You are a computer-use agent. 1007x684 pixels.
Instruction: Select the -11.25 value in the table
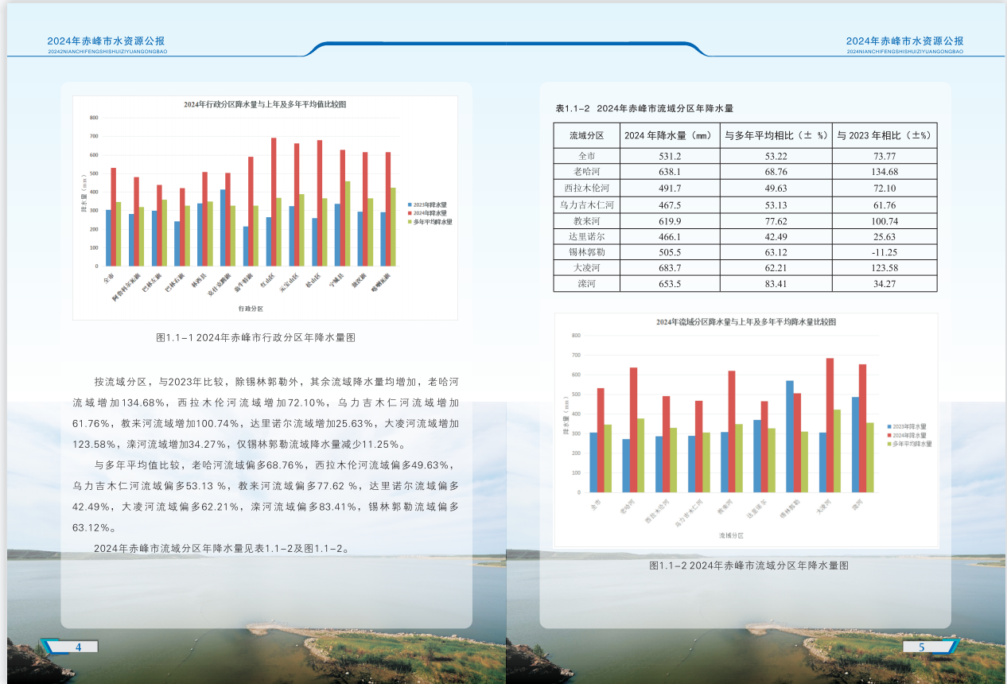pos(885,251)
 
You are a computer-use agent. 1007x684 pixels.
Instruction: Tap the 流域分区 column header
pos(587,135)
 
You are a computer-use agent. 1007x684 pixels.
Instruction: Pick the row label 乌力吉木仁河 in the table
pos(587,204)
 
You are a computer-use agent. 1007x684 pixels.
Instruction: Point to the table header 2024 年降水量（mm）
pos(669,135)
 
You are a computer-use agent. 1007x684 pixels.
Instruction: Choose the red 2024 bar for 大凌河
pos(830,426)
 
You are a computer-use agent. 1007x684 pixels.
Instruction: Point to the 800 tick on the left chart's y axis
pos(94,118)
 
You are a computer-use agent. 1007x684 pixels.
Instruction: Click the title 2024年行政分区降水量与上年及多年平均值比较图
pos(265,105)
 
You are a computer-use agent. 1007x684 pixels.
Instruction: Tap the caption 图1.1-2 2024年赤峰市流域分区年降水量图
pos(749,565)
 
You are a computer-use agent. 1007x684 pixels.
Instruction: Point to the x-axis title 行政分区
pos(251,308)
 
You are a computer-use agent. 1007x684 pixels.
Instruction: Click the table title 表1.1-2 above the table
pos(643,108)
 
